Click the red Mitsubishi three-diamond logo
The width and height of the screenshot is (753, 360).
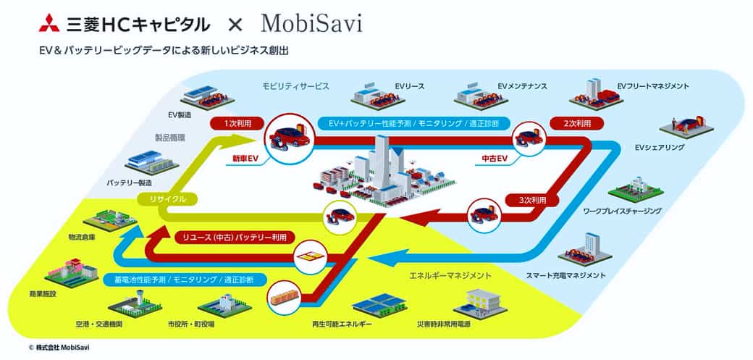click(x=49, y=24)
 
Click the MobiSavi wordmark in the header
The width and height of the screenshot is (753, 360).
click(x=311, y=24)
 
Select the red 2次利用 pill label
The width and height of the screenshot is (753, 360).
click(x=577, y=123)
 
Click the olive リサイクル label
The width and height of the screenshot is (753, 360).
click(x=167, y=199)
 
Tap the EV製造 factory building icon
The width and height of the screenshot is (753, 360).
click(x=208, y=96)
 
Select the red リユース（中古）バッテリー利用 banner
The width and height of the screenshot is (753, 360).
click(x=235, y=237)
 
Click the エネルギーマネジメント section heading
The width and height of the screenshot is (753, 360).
click(x=450, y=276)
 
